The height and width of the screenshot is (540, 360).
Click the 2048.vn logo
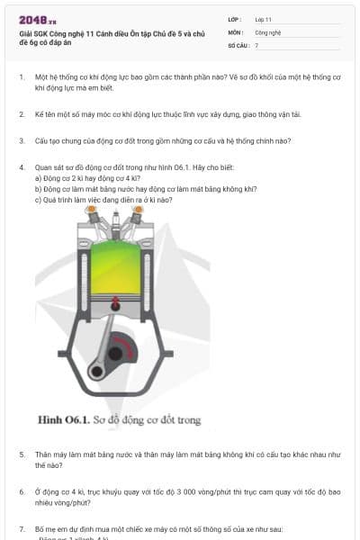point(37,19)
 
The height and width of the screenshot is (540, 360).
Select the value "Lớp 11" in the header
point(263,19)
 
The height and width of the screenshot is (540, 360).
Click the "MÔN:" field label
point(236,31)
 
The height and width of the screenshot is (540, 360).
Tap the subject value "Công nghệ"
point(268,31)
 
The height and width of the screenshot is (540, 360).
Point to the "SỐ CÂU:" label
point(238,44)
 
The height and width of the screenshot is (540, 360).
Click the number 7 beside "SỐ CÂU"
point(256,44)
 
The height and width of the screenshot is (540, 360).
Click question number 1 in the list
point(22,77)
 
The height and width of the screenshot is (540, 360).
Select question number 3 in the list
point(22,140)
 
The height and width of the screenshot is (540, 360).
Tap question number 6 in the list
point(22,491)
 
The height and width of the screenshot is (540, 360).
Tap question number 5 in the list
point(22,454)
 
